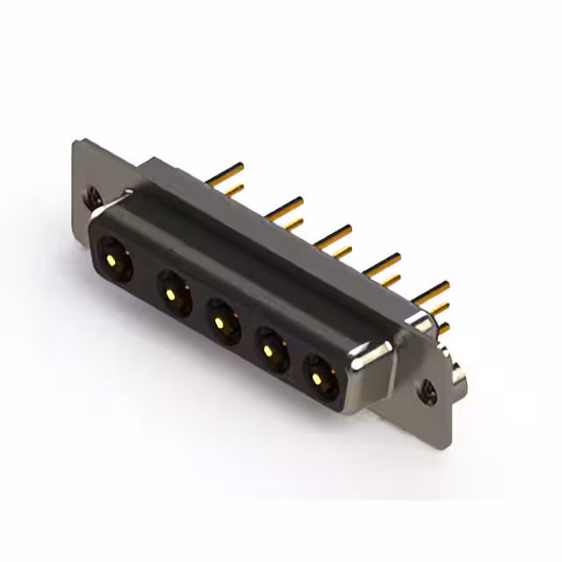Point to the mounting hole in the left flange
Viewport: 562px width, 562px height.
click(93, 196)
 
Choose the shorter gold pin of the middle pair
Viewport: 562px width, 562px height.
click(337, 250)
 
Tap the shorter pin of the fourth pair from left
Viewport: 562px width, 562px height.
click(385, 278)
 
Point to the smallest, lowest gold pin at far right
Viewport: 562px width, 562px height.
click(444, 328)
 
